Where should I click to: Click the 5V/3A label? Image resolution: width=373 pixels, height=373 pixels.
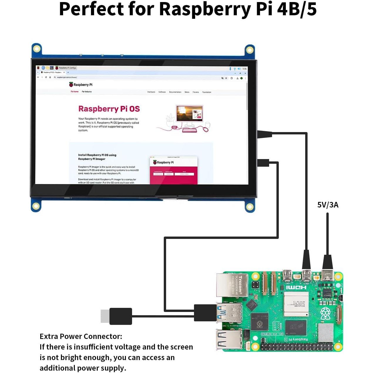pyautogui.click(x=328, y=205)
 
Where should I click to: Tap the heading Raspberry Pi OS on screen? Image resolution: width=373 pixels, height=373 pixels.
pyautogui.click(x=109, y=109)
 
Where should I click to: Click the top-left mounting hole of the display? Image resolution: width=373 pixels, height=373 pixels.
pyautogui.click(x=37, y=49)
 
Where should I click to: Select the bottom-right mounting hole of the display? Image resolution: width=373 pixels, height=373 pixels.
pyautogui.click(x=250, y=207)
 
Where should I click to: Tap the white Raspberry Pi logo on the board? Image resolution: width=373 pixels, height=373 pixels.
pyautogui.click(x=325, y=313)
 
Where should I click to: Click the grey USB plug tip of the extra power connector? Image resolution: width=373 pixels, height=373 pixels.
pyautogui.click(x=105, y=316)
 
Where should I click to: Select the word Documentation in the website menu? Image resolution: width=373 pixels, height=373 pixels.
pyautogui.click(x=175, y=92)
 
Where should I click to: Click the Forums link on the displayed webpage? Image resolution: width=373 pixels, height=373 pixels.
pyautogui.click(x=196, y=92)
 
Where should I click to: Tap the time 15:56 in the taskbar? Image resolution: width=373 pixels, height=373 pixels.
pyautogui.click(x=244, y=69)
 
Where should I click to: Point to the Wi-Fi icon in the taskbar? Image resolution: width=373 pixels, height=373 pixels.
pyautogui.click(x=235, y=69)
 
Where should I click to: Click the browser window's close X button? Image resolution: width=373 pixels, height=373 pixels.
pyautogui.click(x=245, y=73)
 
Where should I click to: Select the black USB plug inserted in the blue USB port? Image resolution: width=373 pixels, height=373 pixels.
pyautogui.click(x=205, y=313)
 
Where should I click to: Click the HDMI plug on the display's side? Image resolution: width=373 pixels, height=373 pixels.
pyautogui.click(x=265, y=134)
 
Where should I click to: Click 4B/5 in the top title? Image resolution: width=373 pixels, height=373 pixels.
pyautogui.click(x=297, y=9)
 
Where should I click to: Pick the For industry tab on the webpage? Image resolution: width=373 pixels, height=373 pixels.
pyautogui.click(x=87, y=92)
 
